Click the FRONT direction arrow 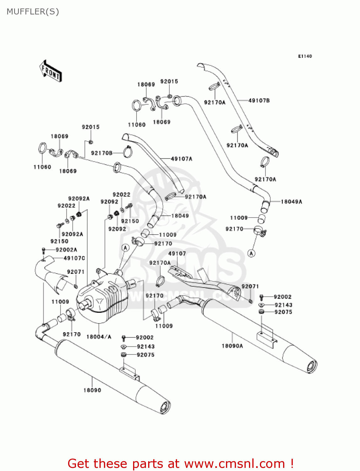pyautogui.click(x=51, y=71)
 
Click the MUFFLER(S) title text pyautogui.click(x=33, y=12)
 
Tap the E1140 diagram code pyautogui.click(x=305, y=56)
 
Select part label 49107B pyautogui.click(x=259, y=100)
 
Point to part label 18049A pyautogui.click(x=291, y=202)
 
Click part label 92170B pyautogui.click(x=102, y=153)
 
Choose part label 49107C pyautogui.click(x=74, y=258)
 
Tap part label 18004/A pyautogui.click(x=99, y=337)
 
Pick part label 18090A pyautogui.click(x=232, y=346)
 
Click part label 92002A pyautogui.click(x=66, y=250)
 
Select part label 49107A pyautogui.click(x=181, y=159)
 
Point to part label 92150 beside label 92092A pyautogui.click(x=59, y=241)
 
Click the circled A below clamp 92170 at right pyautogui.click(x=251, y=253)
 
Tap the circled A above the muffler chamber pyautogui.click(x=126, y=248)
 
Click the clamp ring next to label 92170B pyautogui.click(x=128, y=152)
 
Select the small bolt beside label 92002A pyautogui.click(x=44, y=250)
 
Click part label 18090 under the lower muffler pyautogui.click(x=92, y=390)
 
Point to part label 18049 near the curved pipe pyautogui.click(x=180, y=216)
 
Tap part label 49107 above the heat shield pyautogui.click(x=177, y=254)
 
